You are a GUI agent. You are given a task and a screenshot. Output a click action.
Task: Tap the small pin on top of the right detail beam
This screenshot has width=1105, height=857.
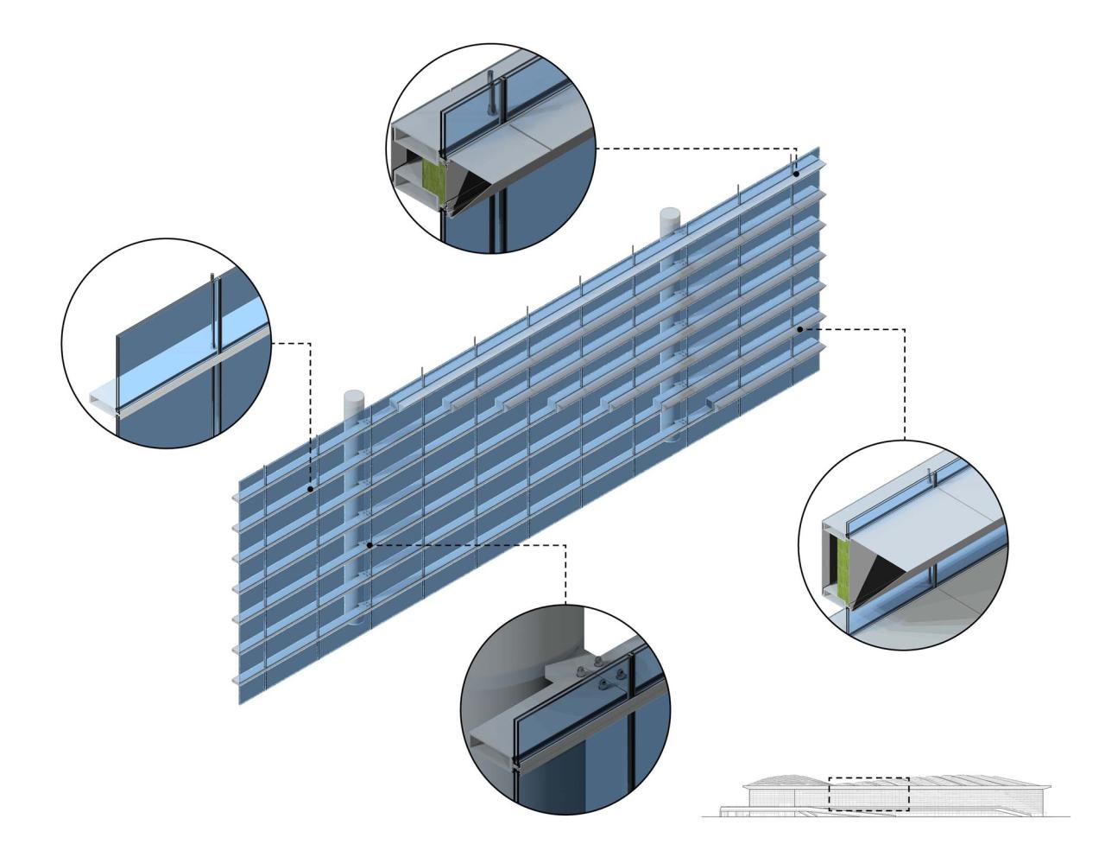[930, 476]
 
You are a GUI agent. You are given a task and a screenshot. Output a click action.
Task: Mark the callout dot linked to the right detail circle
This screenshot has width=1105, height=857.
[801, 329]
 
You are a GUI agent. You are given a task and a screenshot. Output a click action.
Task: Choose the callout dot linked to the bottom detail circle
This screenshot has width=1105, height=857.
[369, 545]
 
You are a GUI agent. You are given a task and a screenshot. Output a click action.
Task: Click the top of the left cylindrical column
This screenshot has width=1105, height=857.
[355, 396]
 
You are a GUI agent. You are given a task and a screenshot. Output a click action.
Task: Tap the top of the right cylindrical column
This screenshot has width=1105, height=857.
[671, 212]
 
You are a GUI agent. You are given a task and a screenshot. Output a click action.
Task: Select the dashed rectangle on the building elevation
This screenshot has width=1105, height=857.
[868, 794]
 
